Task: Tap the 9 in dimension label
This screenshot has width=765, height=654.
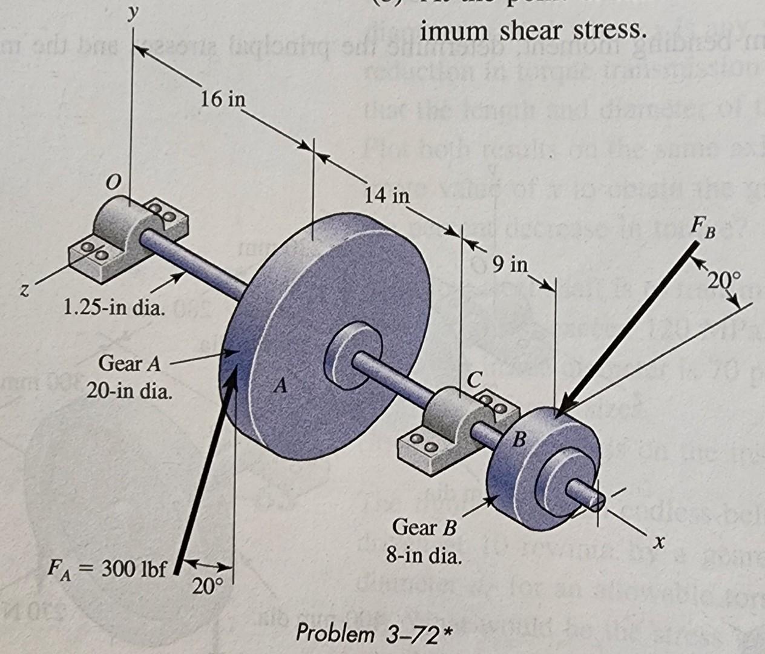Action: click(510, 265)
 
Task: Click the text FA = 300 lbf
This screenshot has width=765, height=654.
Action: click(107, 570)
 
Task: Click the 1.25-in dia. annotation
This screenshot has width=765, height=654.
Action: click(114, 310)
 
